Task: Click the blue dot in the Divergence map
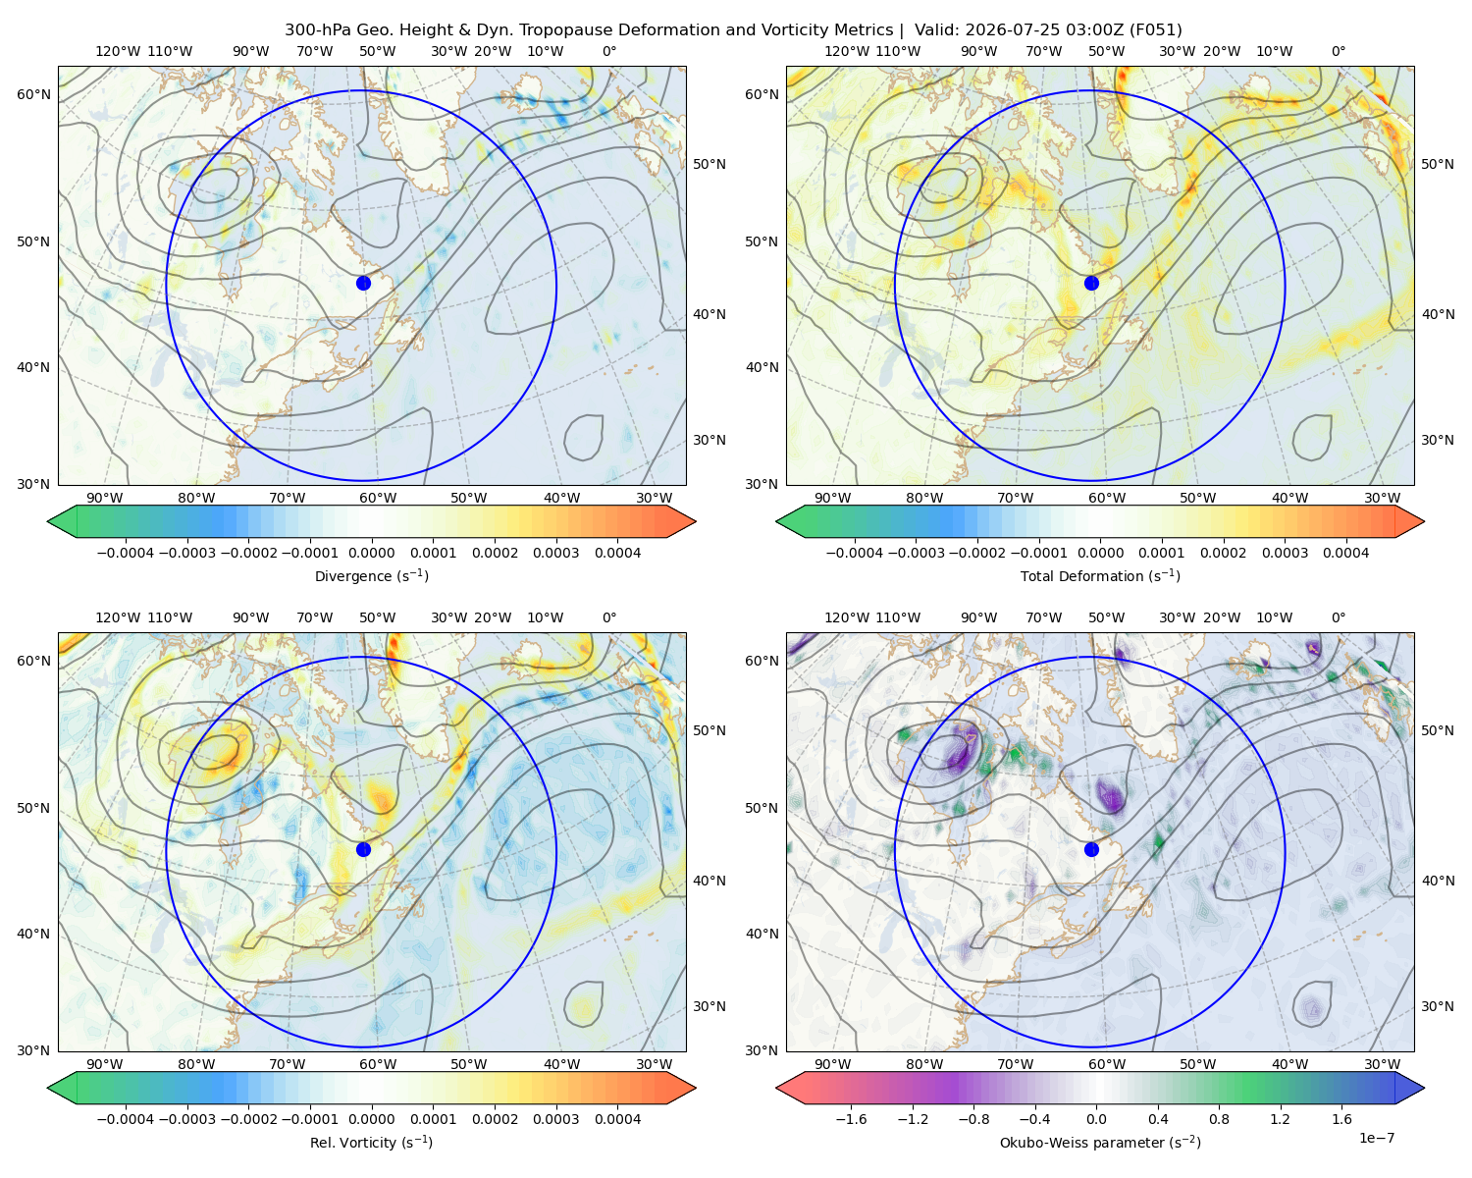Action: click(x=363, y=283)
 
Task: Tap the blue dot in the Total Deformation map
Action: click(x=1091, y=283)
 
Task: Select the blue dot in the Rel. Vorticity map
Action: click(x=363, y=849)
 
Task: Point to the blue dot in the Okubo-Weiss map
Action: click(x=1091, y=849)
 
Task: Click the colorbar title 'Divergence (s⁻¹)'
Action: click(x=371, y=575)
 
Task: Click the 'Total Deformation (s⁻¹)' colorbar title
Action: click(x=1100, y=575)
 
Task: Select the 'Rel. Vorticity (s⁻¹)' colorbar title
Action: click(x=371, y=1142)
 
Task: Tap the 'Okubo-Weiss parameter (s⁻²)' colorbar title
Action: click(x=1100, y=1142)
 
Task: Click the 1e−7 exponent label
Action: click(x=1376, y=1138)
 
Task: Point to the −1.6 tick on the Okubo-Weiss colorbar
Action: click(x=851, y=1118)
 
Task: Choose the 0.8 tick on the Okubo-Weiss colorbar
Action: click(x=1219, y=1118)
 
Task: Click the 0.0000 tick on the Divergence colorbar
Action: click(x=371, y=553)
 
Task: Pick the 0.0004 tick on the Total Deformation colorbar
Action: click(x=1345, y=553)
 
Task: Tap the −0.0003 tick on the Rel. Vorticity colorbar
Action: click(x=186, y=1118)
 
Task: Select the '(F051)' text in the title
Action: click(x=1158, y=30)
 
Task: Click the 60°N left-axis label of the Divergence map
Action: click(x=33, y=94)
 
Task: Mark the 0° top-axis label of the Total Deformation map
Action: click(x=1338, y=51)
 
